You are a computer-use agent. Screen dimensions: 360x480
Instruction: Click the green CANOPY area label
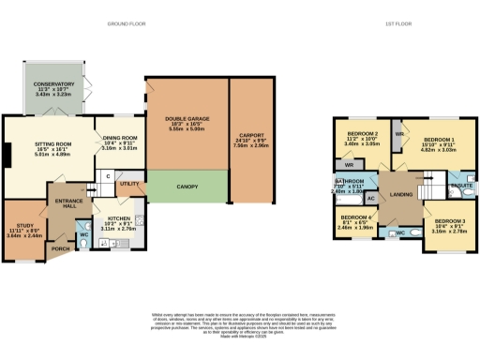pos(187,187)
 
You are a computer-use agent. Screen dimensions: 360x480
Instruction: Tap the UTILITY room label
pos(130,185)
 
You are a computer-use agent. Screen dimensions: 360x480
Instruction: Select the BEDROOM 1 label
pos(438,141)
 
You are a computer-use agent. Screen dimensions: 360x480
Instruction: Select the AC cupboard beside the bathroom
pos(371,199)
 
